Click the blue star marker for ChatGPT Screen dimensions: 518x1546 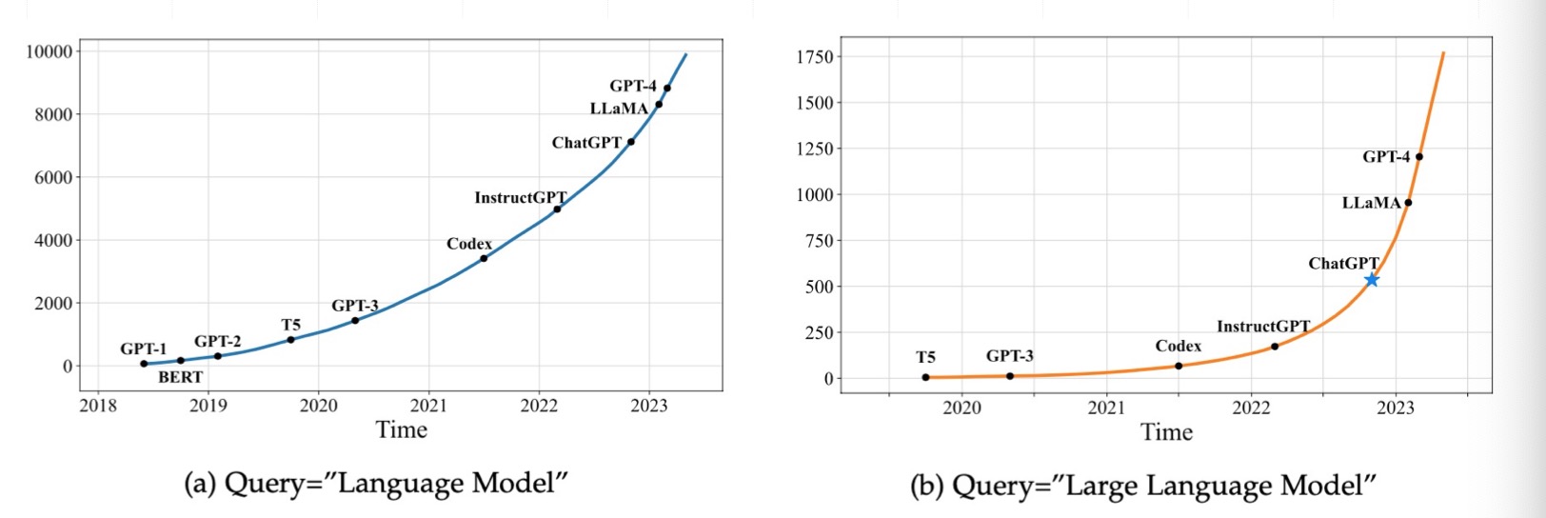click(x=1372, y=280)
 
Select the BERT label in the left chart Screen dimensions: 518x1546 click(x=180, y=377)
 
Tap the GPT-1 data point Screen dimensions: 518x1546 click(x=144, y=364)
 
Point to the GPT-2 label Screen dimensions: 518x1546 click(x=217, y=341)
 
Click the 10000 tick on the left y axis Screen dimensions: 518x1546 click(x=49, y=51)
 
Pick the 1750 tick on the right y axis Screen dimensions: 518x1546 click(x=815, y=57)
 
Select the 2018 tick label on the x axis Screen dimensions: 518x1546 click(x=98, y=406)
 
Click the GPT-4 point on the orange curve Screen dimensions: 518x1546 click(x=1419, y=157)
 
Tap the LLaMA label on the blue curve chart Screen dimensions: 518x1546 click(x=619, y=109)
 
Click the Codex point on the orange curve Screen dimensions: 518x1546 click(x=1179, y=366)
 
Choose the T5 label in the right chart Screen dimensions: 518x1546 click(x=925, y=357)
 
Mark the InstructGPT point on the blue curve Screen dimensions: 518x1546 click(x=557, y=209)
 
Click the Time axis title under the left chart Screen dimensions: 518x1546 click(x=402, y=429)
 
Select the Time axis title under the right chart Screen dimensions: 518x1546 click(x=1167, y=432)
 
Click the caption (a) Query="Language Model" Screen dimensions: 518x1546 click(x=375, y=484)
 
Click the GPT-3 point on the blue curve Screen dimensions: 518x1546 click(x=355, y=320)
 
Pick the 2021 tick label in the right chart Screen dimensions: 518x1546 click(x=1106, y=408)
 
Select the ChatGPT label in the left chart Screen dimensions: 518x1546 click(x=586, y=143)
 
